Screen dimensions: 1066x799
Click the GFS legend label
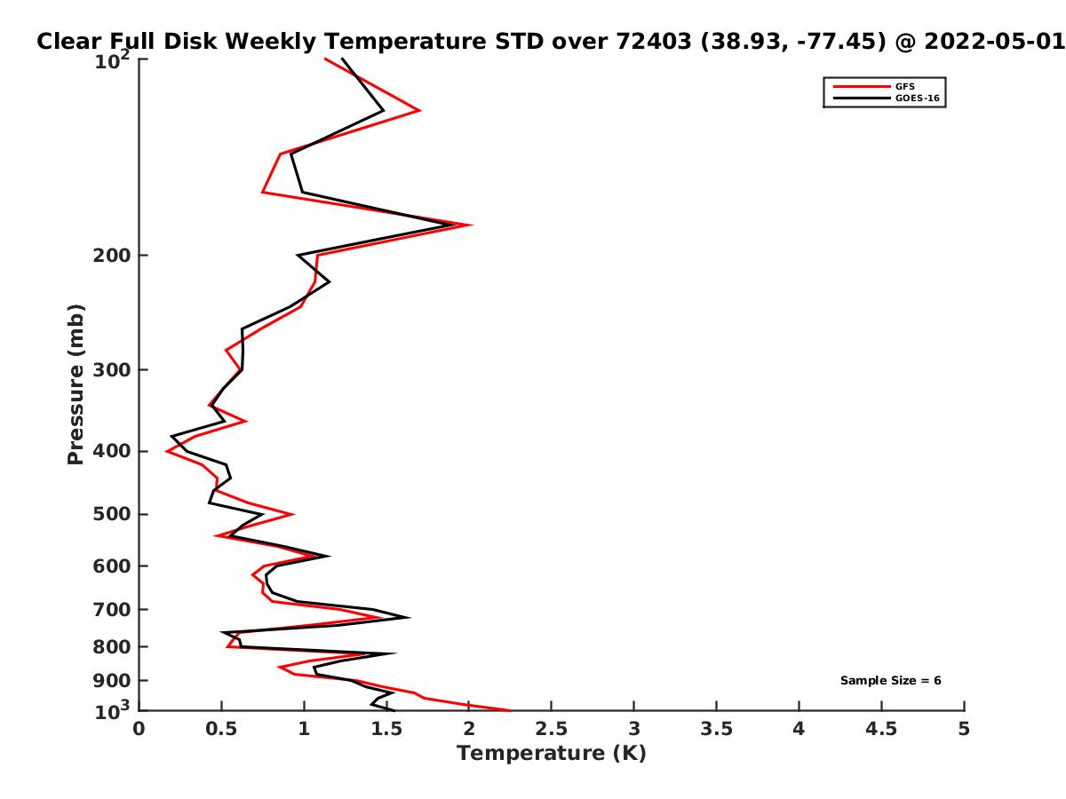pyautogui.click(x=904, y=86)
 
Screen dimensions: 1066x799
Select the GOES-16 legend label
pyautogui.click(x=917, y=98)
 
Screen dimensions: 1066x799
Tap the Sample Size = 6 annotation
pyautogui.click(x=890, y=680)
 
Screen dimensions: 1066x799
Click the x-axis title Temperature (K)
pyautogui.click(x=552, y=754)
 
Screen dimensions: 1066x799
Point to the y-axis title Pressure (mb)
pyautogui.click(x=76, y=384)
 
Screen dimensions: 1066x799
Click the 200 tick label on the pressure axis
pyautogui.click(x=112, y=255)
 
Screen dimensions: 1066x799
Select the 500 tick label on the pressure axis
pyautogui.click(x=112, y=514)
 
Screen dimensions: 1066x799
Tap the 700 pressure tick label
pyautogui.click(x=112, y=609)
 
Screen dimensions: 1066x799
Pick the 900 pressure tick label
pyautogui.click(x=112, y=681)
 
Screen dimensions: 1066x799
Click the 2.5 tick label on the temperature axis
pyautogui.click(x=552, y=729)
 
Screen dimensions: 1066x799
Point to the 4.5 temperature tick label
pyautogui.click(x=881, y=729)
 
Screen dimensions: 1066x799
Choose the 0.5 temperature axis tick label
pyautogui.click(x=221, y=729)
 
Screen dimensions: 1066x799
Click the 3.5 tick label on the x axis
pyautogui.click(x=716, y=729)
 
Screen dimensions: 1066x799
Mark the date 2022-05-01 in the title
pyautogui.click(x=994, y=42)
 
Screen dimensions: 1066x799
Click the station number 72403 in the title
pyautogui.click(x=654, y=42)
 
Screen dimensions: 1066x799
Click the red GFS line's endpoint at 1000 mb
pyautogui.click(x=511, y=711)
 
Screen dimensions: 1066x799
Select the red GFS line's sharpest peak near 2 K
pyautogui.click(x=471, y=225)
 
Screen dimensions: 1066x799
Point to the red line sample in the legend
pyautogui.click(x=862, y=86)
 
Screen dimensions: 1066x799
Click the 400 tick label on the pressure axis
pyautogui.click(x=112, y=451)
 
